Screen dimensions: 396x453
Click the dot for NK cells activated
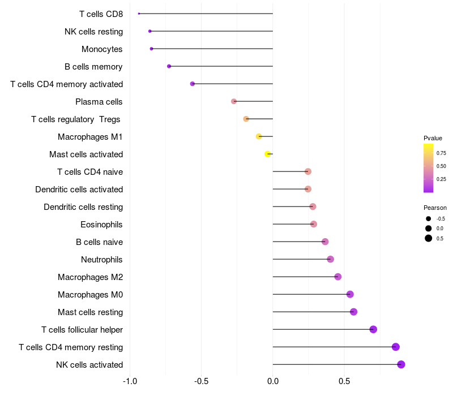pos(401,364)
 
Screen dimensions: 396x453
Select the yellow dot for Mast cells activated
pos(268,154)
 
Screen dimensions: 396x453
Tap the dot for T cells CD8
pos(139,14)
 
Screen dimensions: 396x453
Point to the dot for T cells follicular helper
pos(373,329)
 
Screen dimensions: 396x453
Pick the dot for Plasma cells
pos(234,101)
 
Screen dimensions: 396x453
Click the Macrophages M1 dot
pos(259,136)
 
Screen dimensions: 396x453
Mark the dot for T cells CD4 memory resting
pos(396,347)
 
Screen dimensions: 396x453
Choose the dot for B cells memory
pos(169,66)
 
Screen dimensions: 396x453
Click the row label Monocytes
pos(102,49)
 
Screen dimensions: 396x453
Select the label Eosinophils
pos(102,225)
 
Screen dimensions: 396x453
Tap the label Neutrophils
pos(102,260)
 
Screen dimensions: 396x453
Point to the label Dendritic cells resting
pos(83,207)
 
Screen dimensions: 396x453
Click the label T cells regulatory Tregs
pos(76,119)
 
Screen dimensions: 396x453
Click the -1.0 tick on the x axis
pos(130,381)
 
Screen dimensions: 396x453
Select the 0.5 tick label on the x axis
pos(344,381)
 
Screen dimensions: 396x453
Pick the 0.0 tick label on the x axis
pos(273,381)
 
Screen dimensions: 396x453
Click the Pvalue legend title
pos(433,138)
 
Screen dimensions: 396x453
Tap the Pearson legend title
pos(435,208)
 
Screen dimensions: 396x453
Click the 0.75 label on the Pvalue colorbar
pos(441,153)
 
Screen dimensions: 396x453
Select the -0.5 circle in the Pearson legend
pos(429,218)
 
